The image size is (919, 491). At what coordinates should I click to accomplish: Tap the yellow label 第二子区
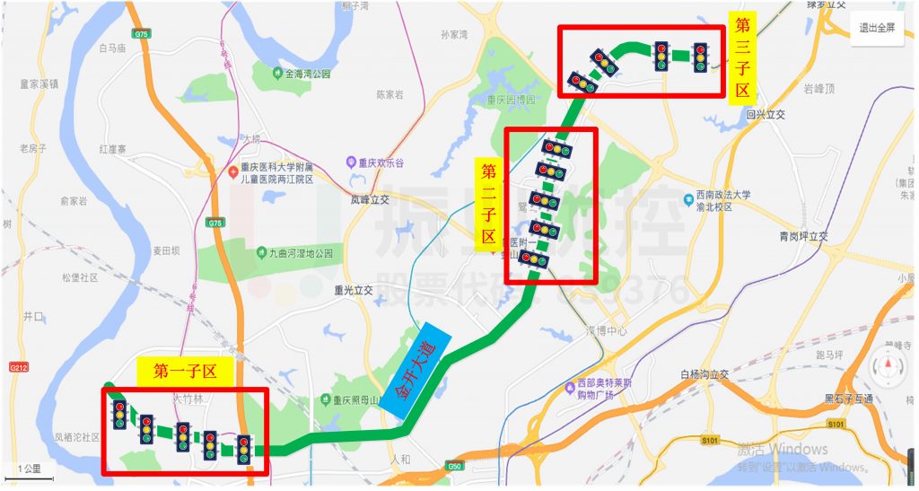tap(489, 205)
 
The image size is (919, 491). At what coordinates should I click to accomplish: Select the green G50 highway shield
tap(452, 466)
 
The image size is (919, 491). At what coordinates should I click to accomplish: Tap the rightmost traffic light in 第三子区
tap(700, 56)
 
